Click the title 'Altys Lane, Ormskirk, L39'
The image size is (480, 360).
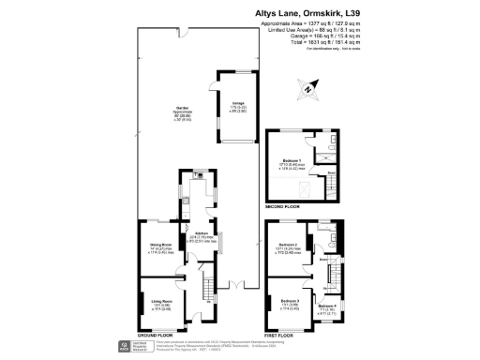[x=311, y=14]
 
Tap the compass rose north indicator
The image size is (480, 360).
[x=307, y=90]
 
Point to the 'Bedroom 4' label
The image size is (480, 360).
[x=327, y=307]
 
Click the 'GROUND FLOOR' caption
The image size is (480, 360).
[x=158, y=336]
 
